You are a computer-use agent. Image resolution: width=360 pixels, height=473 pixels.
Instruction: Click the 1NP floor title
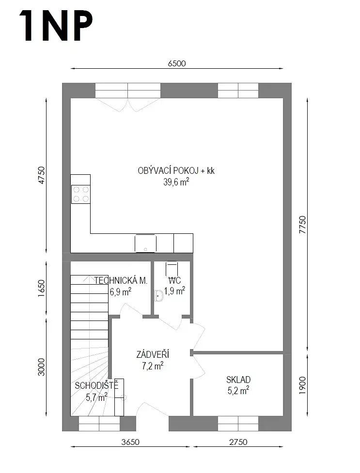[x=56, y=25]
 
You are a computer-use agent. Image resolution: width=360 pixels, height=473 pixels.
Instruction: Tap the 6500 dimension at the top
[x=177, y=63]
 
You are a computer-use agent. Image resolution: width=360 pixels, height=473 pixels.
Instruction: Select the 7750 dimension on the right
[x=302, y=225]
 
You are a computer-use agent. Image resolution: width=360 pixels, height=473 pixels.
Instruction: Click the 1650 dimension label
[x=41, y=288]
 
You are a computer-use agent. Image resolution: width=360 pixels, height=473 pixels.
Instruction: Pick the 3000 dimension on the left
[x=41, y=367]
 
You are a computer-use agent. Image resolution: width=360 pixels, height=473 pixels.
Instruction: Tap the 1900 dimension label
[x=302, y=385]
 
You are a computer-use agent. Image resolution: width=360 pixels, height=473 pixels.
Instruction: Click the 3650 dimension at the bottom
[x=130, y=442]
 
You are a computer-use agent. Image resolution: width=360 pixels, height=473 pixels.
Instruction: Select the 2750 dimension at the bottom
[x=238, y=442]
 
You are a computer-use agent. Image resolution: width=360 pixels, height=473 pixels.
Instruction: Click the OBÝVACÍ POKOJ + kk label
[x=176, y=171]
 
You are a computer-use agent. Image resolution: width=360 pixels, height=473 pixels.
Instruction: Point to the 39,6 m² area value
[x=176, y=182]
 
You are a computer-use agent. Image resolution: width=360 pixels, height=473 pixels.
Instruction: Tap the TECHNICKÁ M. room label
[x=121, y=280]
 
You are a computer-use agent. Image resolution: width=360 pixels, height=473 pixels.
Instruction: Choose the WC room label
[x=174, y=280]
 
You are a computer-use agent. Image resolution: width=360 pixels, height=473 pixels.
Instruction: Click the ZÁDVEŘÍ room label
[x=153, y=354]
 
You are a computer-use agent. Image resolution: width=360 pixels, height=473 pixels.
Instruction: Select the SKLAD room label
[x=238, y=380]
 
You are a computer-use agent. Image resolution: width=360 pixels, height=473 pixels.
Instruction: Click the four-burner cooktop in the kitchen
[x=80, y=194]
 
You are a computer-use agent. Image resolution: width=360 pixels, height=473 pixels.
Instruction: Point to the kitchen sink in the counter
[x=145, y=243]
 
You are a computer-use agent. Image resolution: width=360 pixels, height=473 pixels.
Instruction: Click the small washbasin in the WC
[x=158, y=296]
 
